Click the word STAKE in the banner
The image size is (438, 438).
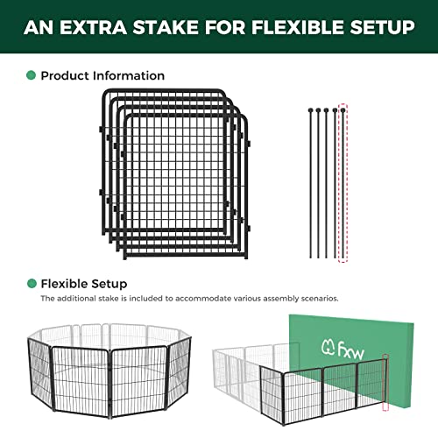click(x=166, y=27)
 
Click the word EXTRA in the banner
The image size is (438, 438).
click(x=93, y=27)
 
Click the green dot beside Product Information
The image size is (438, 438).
click(x=31, y=75)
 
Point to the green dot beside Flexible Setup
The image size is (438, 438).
click(x=32, y=283)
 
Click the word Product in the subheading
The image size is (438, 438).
click(x=65, y=75)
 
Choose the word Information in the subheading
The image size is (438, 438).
click(x=129, y=75)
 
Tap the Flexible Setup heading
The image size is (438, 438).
click(x=84, y=284)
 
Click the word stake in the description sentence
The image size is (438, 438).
click(x=109, y=299)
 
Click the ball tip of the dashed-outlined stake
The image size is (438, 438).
click(x=343, y=110)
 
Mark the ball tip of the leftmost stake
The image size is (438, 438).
click(x=310, y=110)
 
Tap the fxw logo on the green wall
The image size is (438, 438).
click(x=343, y=350)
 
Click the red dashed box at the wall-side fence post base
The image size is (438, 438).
click(x=385, y=406)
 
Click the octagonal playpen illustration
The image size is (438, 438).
click(x=109, y=371)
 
